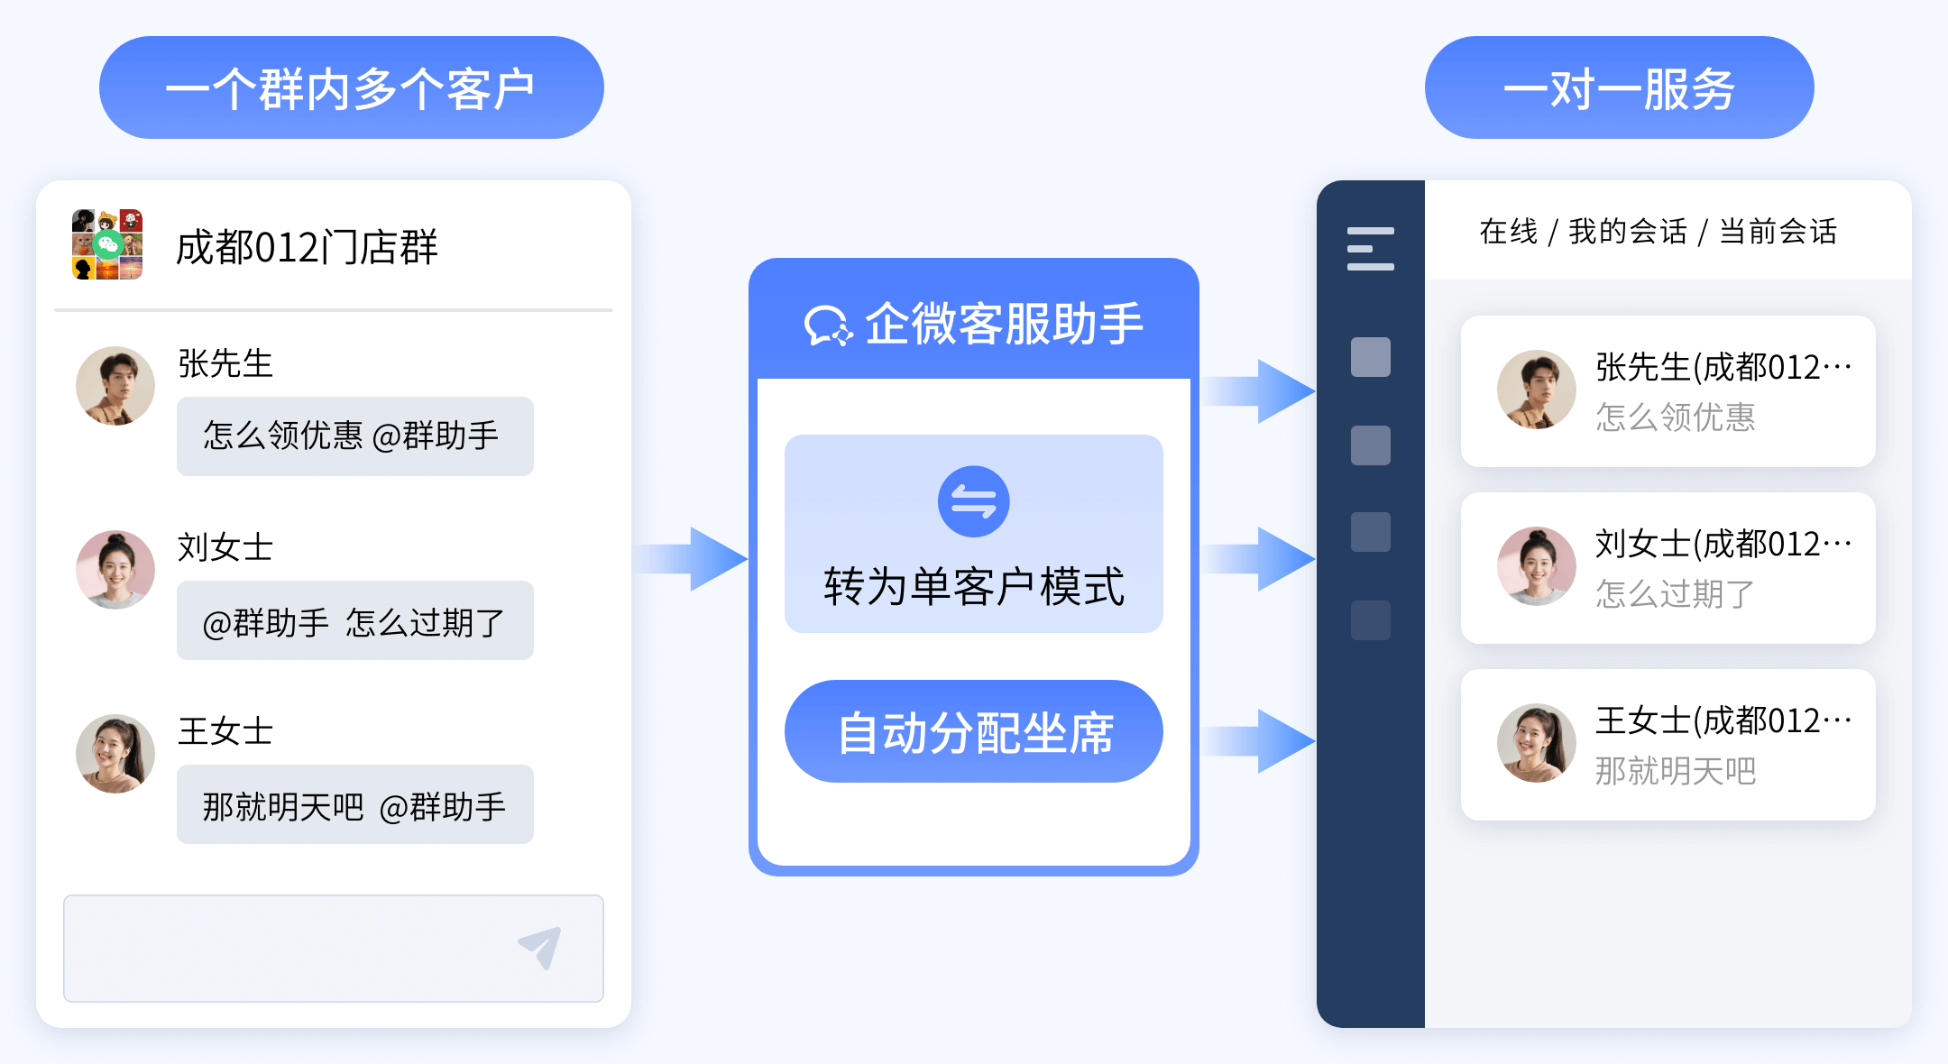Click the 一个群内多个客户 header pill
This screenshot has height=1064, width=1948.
tap(351, 87)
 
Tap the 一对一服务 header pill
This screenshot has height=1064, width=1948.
tap(1619, 87)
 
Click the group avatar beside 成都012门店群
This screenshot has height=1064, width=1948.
tap(107, 244)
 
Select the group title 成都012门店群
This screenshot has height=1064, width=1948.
tap(307, 247)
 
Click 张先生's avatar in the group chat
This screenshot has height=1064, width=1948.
tap(115, 386)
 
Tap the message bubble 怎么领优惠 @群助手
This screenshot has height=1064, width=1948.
tap(354, 436)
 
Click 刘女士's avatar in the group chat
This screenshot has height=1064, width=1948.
tap(115, 570)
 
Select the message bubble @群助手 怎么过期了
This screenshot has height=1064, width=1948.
tap(354, 621)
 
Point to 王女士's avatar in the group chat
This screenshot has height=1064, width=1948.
tap(115, 754)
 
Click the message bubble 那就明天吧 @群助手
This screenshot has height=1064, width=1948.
tap(354, 805)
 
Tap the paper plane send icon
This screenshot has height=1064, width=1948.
tap(540, 947)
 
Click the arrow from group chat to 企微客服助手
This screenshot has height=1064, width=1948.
tap(691, 559)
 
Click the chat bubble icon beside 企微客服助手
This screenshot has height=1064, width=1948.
tap(827, 326)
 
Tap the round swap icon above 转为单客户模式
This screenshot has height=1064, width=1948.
tap(973, 501)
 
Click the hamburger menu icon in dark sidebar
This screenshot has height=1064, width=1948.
tap(1370, 249)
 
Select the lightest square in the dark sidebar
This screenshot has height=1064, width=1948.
tap(1370, 357)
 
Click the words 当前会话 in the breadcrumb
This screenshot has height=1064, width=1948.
tap(1778, 232)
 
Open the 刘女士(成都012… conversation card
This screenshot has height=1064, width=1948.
tap(1668, 568)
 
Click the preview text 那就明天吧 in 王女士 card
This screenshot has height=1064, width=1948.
tap(1675, 771)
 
